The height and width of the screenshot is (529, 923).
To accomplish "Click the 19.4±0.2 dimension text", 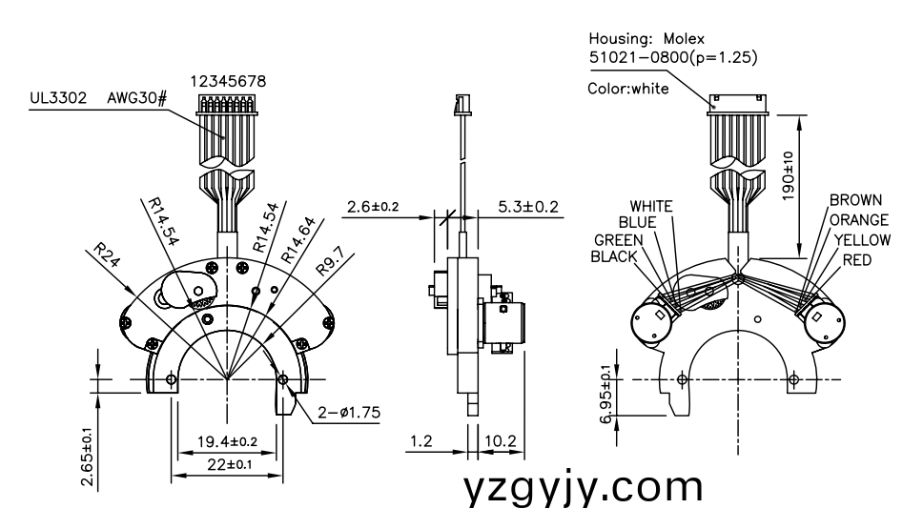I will pyautogui.click(x=227, y=441).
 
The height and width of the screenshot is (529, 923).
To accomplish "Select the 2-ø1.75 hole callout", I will pyautogui.click(x=348, y=413).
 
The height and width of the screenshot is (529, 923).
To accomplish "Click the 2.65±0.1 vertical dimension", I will pyautogui.click(x=88, y=457).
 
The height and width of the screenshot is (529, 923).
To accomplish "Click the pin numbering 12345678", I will pyautogui.click(x=229, y=83).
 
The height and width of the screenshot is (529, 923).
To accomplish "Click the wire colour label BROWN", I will pyautogui.click(x=855, y=201).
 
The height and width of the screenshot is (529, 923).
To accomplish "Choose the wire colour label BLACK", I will pyautogui.click(x=615, y=256).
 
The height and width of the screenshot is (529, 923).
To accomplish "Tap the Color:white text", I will pyautogui.click(x=628, y=89).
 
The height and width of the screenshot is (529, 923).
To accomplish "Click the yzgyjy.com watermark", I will pyautogui.click(x=584, y=488).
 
